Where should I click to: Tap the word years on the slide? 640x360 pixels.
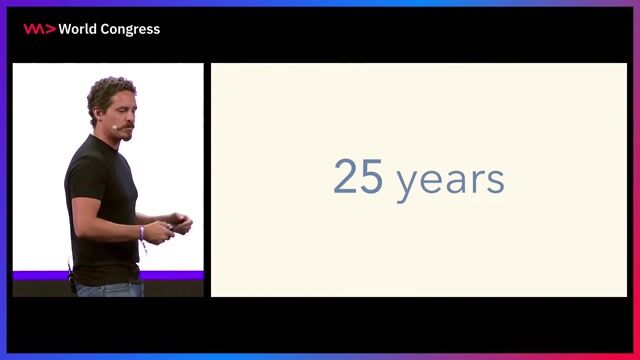450,181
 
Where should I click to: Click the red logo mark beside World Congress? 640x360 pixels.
38,29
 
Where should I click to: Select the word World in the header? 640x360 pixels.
78,29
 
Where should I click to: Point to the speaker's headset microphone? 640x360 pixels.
120,128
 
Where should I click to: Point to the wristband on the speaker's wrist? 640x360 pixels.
143,233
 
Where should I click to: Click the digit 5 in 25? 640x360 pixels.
373,177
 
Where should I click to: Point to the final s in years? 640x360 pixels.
496,181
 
